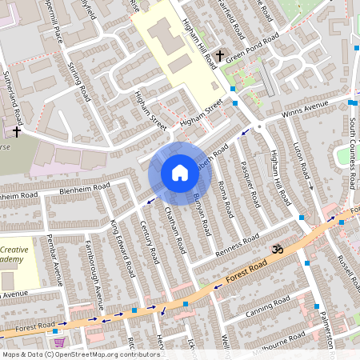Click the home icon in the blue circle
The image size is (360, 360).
coord(179,173)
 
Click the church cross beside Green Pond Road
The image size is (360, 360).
coord(219,56)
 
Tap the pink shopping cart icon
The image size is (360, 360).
coord(58,342)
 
